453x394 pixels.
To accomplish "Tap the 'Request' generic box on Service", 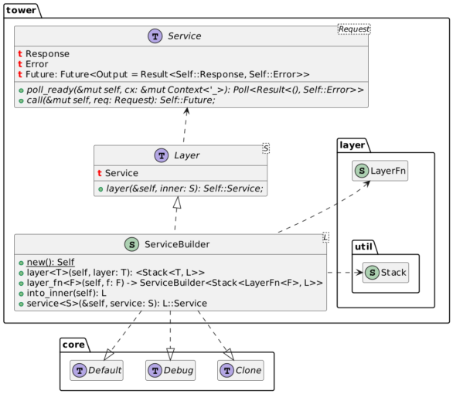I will click(355, 30).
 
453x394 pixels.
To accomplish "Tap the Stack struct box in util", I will click(386, 272).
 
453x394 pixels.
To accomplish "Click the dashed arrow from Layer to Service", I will click(184, 127).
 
